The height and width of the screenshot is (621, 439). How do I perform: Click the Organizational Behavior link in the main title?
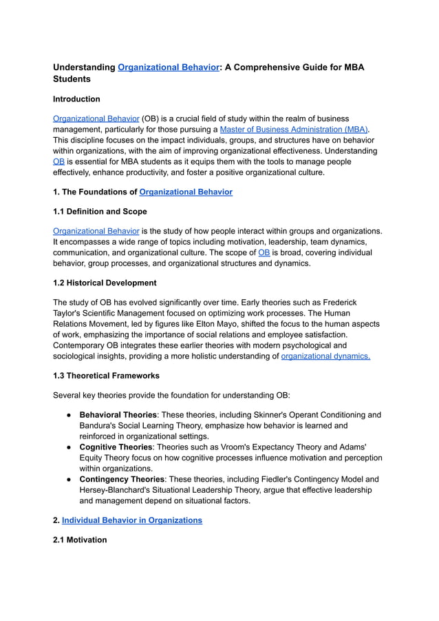point(168,68)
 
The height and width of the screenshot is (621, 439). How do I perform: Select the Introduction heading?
point(76,99)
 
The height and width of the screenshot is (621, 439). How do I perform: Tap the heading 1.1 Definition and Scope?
point(100,212)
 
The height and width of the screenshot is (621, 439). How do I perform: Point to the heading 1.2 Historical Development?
point(105,283)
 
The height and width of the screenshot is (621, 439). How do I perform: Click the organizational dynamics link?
point(325,356)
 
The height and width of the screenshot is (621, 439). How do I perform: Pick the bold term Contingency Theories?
point(122,479)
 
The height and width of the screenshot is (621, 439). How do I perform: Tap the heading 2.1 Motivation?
point(80,540)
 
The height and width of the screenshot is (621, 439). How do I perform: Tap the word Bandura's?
point(100,425)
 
